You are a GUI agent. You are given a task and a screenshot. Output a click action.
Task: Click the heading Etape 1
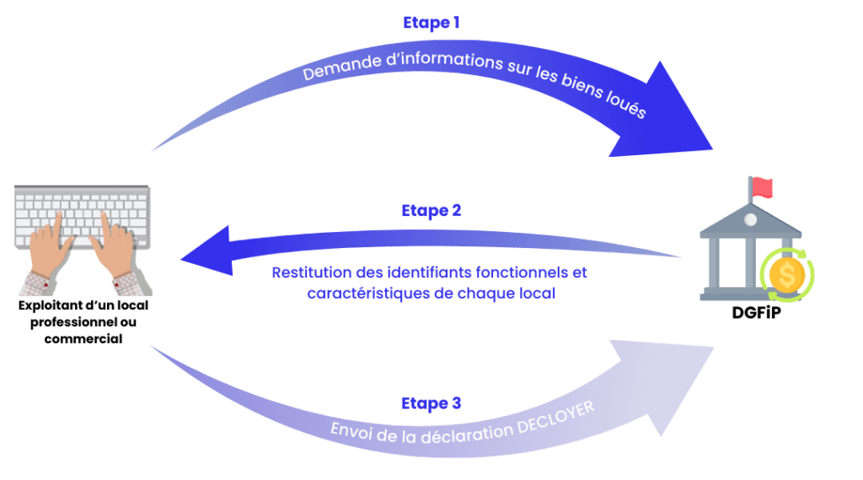pyautogui.click(x=431, y=23)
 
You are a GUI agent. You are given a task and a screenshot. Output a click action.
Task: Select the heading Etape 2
pyautogui.click(x=431, y=211)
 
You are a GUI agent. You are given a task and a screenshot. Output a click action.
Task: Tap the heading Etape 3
pyautogui.click(x=431, y=403)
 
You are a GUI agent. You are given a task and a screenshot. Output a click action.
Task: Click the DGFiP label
pyautogui.click(x=756, y=312)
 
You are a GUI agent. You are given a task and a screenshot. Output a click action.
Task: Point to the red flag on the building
pyautogui.click(x=762, y=187)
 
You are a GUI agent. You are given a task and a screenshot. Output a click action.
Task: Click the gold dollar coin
pyautogui.click(x=787, y=275)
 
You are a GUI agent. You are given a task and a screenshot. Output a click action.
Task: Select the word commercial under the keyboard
pyautogui.click(x=83, y=339)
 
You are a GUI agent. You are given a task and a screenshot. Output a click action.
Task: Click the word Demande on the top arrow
pyautogui.click(x=342, y=67)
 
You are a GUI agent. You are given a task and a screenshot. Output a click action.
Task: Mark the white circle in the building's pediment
pyautogui.click(x=750, y=220)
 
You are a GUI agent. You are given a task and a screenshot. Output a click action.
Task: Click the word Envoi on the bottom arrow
pyautogui.click(x=351, y=430)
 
